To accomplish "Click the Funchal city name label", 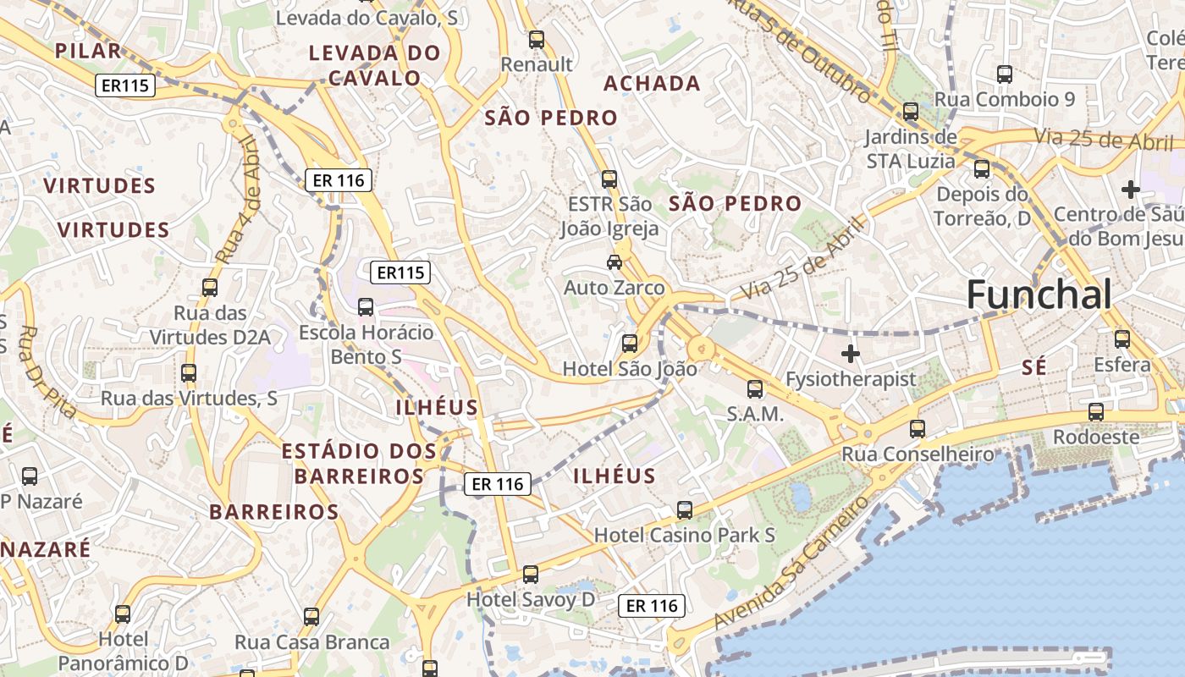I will [x=1039, y=295].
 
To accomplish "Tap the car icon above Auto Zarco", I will [x=615, y=262].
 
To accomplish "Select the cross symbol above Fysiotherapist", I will [x=851, y=353].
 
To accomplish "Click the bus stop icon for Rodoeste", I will [x=1096, y=412].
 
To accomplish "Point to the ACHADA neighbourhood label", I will [x=652, y=83].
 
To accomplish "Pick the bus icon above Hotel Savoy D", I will [x=531, y=575].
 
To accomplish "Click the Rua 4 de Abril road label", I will [x=237, y=198].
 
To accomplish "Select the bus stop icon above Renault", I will [x=536, y=39].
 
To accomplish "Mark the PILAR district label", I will [x=89, y=51].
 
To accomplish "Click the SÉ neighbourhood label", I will [x=1034, y=367].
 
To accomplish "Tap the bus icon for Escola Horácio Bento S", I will [x=366, y=307].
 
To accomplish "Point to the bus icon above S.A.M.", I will [x=755, y=389].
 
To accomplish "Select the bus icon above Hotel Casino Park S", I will [x=685, y=510].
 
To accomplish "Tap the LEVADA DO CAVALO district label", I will [x=374, y=65].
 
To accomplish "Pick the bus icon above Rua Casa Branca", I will [x=311, y=617].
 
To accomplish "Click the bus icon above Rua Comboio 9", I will [x=1005, y=74].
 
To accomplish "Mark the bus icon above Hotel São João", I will [x=630, y=344].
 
